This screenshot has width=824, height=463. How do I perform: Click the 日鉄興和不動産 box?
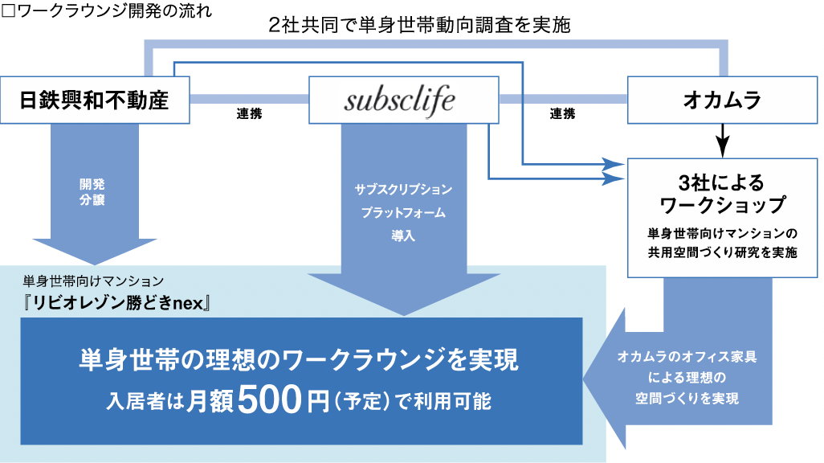pyautogui.click(x=95, y=100)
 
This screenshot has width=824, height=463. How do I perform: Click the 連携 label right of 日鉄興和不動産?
pyautogui.click(x=249, y=114)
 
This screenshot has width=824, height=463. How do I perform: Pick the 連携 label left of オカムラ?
pyautogui.click(x=562, y=114)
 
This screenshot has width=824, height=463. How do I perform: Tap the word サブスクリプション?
pyautogui.click(x=403, y=190)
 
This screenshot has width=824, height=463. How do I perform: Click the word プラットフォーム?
pyautogui.click(x=403, y=214)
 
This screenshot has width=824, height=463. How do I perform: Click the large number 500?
pyautogui.click(x=269, y=399)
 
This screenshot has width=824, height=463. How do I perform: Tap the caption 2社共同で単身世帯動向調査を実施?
pyautogui.click(x=420, y=25)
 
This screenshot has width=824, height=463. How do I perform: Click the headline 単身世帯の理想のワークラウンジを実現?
pyautogui.click(x=299, y=359)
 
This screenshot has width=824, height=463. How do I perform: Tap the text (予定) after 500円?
pyautogui.click(x=353, y=401)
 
